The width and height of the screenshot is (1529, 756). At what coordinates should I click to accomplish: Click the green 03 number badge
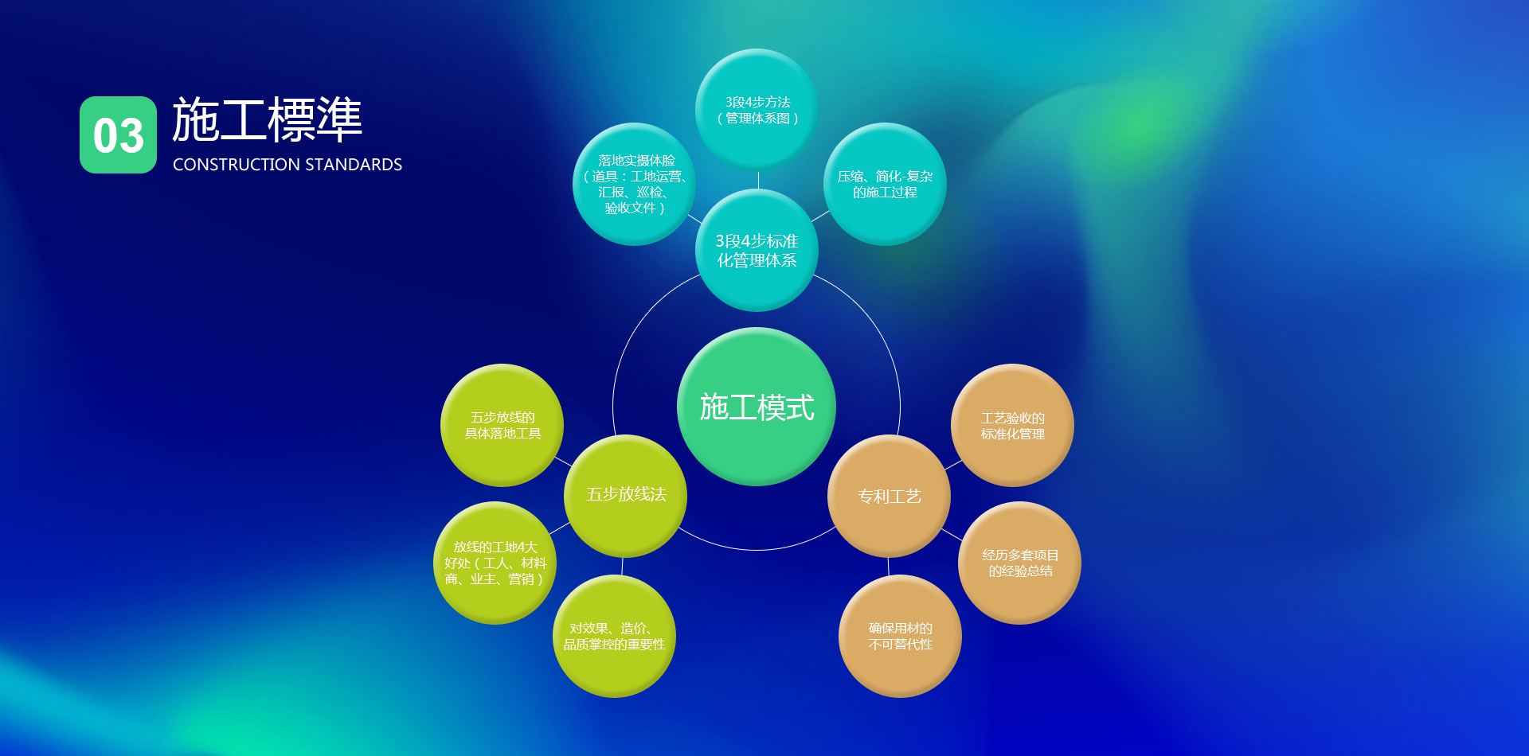click(x=118, y=134)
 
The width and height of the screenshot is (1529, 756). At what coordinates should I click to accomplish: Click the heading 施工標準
click(x=267, y=120)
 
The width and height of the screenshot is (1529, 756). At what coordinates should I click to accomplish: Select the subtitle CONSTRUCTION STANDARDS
click(x=287, y=165)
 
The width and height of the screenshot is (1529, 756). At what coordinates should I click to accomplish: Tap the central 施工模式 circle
click(x=757, y=407)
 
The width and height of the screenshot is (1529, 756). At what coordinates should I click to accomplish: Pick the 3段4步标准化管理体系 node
click(x=757, y=250)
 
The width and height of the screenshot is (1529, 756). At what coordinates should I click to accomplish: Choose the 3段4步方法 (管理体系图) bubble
click(x=757, y=110)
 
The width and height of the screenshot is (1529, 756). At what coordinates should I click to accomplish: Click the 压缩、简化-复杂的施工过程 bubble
click(x=885, y=184)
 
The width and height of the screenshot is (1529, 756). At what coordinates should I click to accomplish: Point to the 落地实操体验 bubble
click(x=635, y=184)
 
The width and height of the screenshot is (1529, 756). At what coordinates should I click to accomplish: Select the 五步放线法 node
click(x=626, y=496)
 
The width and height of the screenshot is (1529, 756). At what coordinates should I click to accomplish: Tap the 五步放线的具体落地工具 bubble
click(x=502, y=425)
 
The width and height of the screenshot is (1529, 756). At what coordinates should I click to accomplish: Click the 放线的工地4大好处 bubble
click(x=495, y=563)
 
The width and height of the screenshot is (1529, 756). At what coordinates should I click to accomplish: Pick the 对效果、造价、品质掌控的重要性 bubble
click(x=614, y=636)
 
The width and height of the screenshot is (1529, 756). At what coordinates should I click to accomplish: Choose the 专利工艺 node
click(x=890, y=496)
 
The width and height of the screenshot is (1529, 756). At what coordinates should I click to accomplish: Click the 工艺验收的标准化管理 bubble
click(x=1012, y=425)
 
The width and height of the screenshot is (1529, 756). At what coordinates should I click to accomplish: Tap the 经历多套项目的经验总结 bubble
click(x=1019, y=563)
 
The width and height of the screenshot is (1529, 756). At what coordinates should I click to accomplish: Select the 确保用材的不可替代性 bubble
click(x=900, y=636)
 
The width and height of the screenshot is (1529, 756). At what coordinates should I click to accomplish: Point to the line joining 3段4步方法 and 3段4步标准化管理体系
click(x=758, y=181)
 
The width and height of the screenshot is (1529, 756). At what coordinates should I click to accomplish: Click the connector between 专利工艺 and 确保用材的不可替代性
click(x=888, y=567)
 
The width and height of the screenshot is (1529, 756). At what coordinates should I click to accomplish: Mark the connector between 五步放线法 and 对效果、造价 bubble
click(x=622, y=567)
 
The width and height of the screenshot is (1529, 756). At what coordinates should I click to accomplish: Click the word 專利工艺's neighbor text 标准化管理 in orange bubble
click(x=1012, y=434)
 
